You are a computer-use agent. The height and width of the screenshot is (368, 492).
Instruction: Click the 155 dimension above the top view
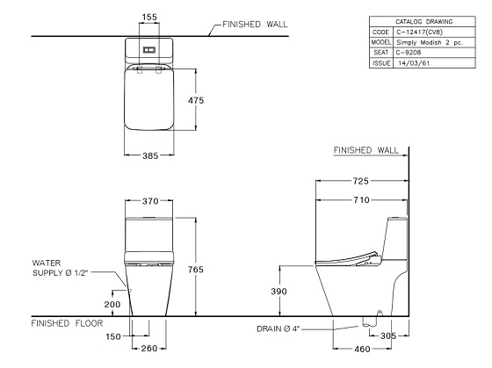point(149,17)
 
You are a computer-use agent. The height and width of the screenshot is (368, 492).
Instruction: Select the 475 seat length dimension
point(196,100)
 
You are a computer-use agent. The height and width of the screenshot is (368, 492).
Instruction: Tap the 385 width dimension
point(150,155)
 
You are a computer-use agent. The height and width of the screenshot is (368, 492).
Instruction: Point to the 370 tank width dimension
point(150,201)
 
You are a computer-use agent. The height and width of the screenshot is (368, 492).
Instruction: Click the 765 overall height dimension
point(195,270)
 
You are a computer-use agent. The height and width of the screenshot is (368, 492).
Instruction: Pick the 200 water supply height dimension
point(112,304)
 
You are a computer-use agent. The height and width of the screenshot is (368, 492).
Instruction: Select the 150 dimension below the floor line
point(113,336)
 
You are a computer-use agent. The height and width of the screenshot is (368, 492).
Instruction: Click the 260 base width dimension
point(149,349)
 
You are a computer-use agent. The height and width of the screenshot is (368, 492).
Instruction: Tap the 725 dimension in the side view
point(360,181)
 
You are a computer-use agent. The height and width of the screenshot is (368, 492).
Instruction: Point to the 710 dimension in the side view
point(361,200)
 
